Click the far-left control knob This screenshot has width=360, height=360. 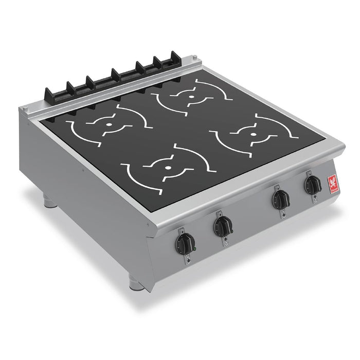tap(186, 241)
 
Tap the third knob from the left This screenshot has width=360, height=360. tap(280, 198)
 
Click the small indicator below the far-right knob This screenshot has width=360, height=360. tap(313, 200)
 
